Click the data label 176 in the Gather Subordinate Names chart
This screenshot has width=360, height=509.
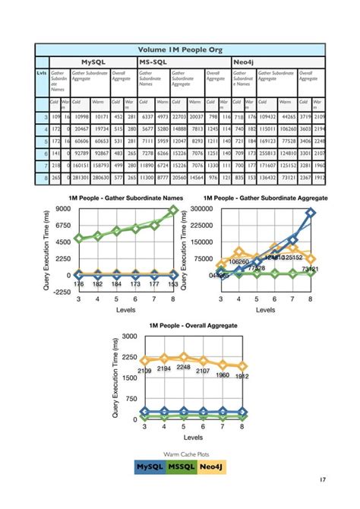click(x=78, y=284)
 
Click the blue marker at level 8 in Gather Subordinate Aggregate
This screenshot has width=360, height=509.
click(x=311, y=213)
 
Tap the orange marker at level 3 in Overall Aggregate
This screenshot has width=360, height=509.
click(x=145, y=360)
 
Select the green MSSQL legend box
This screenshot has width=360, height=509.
click(x=181, y=466)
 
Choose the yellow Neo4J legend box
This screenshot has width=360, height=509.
click(x=212, y=466)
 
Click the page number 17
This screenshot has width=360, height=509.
click(x=323, y=479)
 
